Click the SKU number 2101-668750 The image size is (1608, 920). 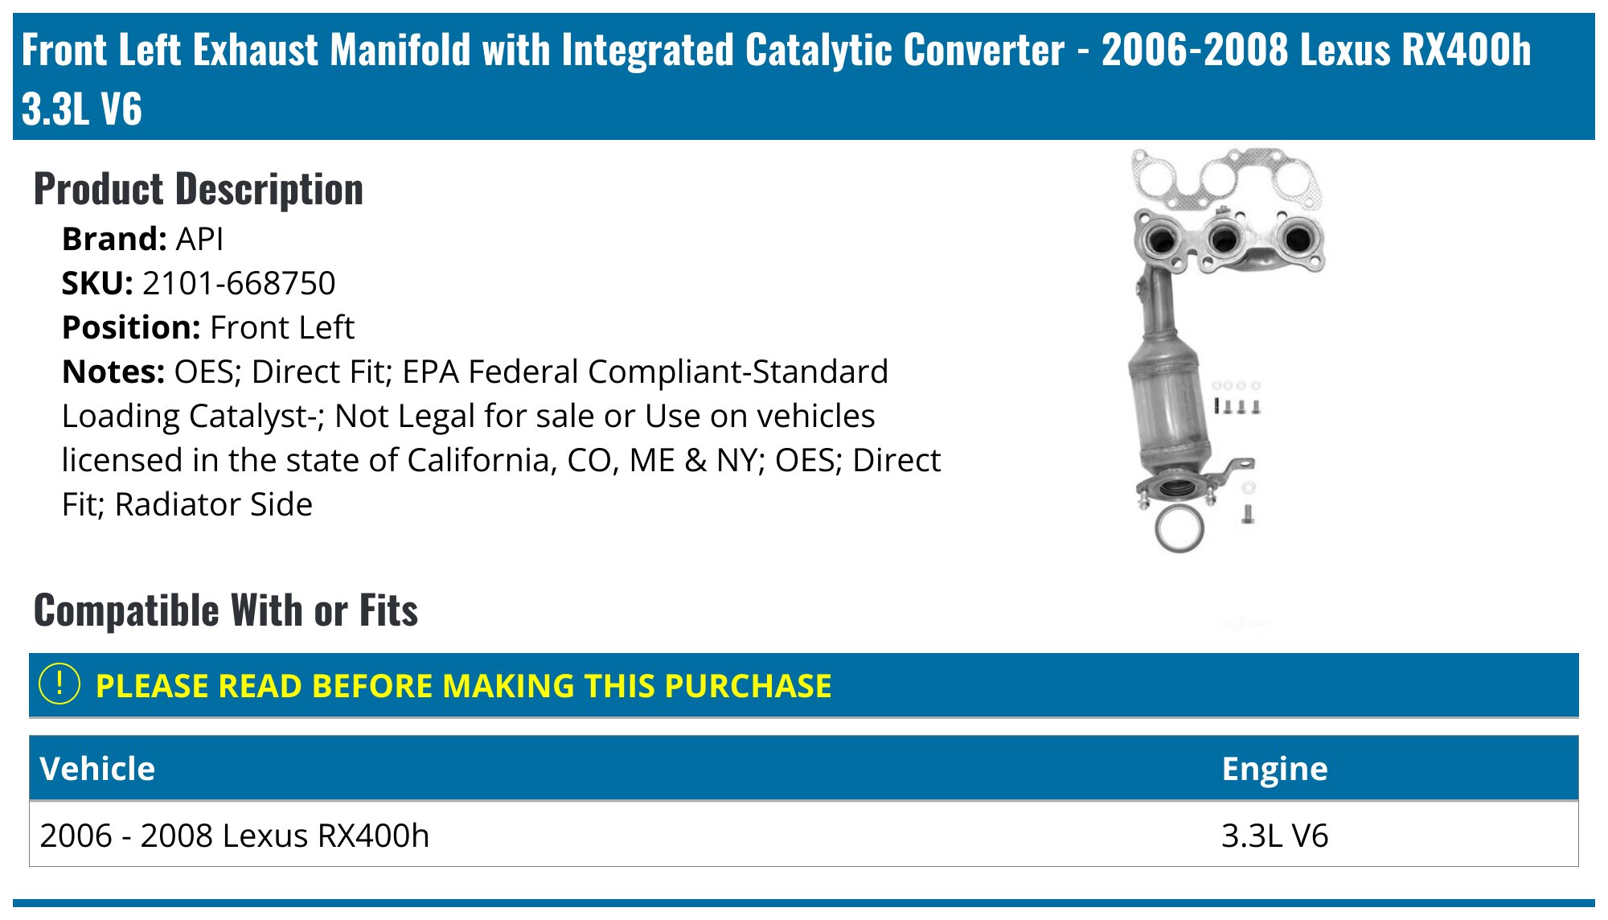coord(239,283)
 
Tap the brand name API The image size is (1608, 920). coord(199,239)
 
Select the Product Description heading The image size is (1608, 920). coord(199,190)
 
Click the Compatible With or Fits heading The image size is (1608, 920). coord(226,610)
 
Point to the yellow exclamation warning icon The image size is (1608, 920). coord(59,684)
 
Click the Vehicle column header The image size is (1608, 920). coord(97,769)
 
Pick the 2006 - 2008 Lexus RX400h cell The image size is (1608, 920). coord(234,836)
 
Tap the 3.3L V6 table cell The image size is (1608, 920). coord(1274,836)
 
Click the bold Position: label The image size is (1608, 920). coord(131,328)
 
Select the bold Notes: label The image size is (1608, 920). coord(113,372)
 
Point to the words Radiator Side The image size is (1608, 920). coord(214,505)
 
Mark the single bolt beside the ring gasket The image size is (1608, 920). coord(1248,513)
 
